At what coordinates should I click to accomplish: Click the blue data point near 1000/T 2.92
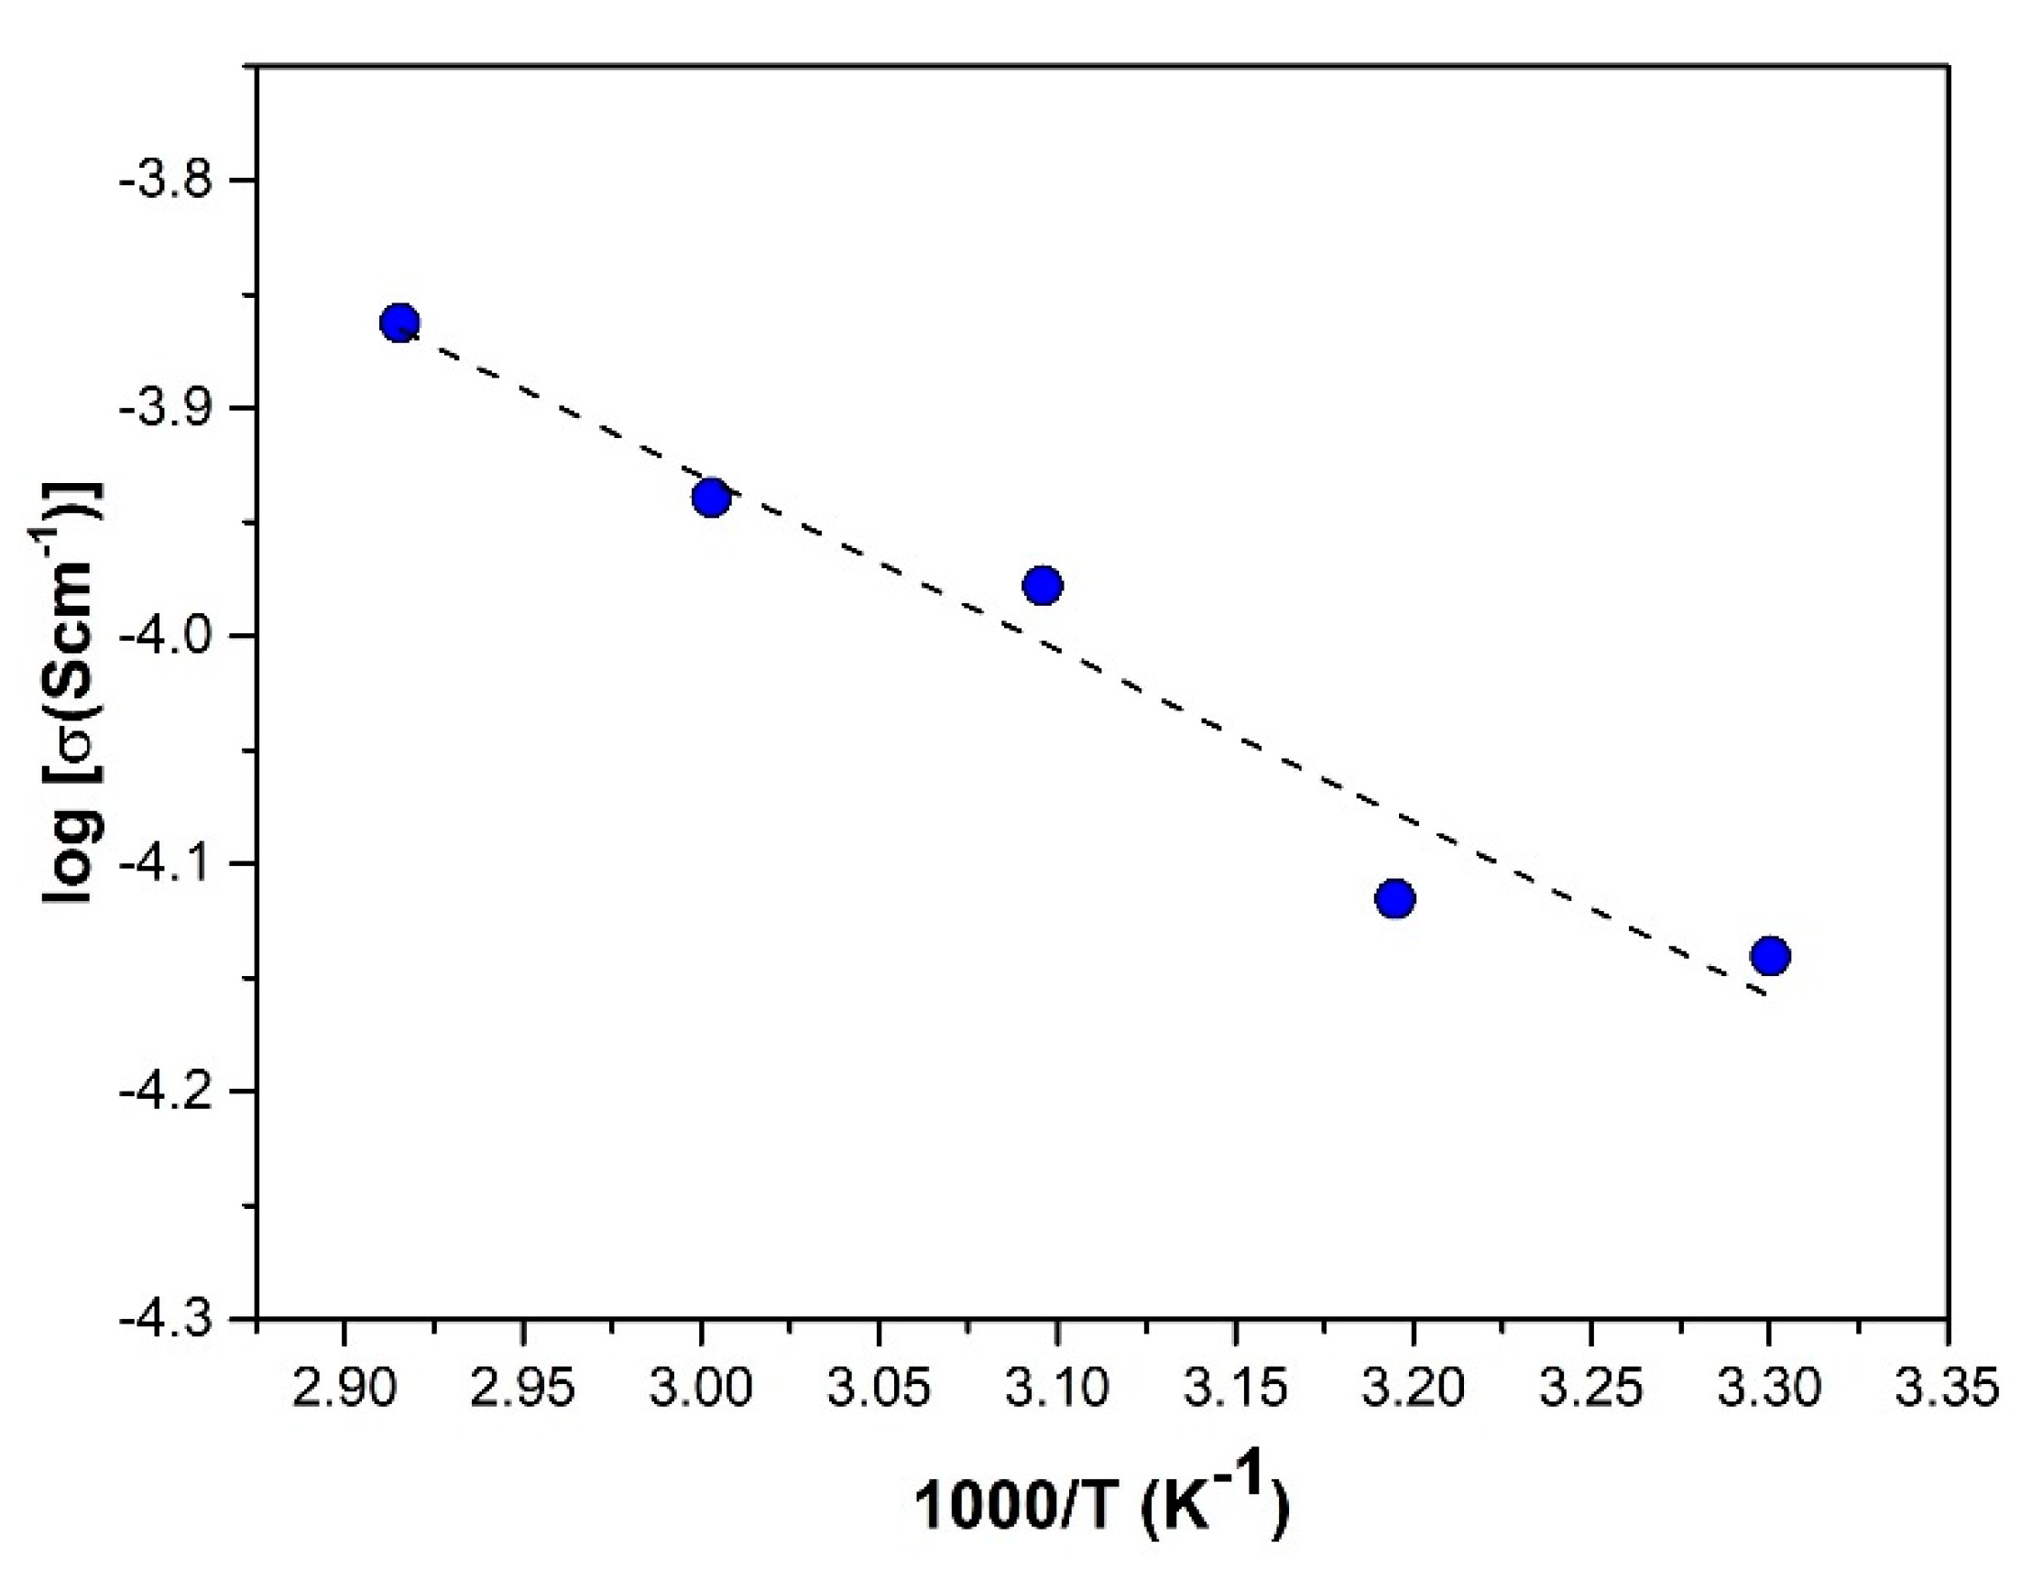tap(400, 323)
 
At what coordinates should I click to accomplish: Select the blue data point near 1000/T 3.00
tap(711, 498)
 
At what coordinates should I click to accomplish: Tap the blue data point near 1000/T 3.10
tap(1043, 586)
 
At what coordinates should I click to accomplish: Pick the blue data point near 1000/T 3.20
tap(1394, 898)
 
